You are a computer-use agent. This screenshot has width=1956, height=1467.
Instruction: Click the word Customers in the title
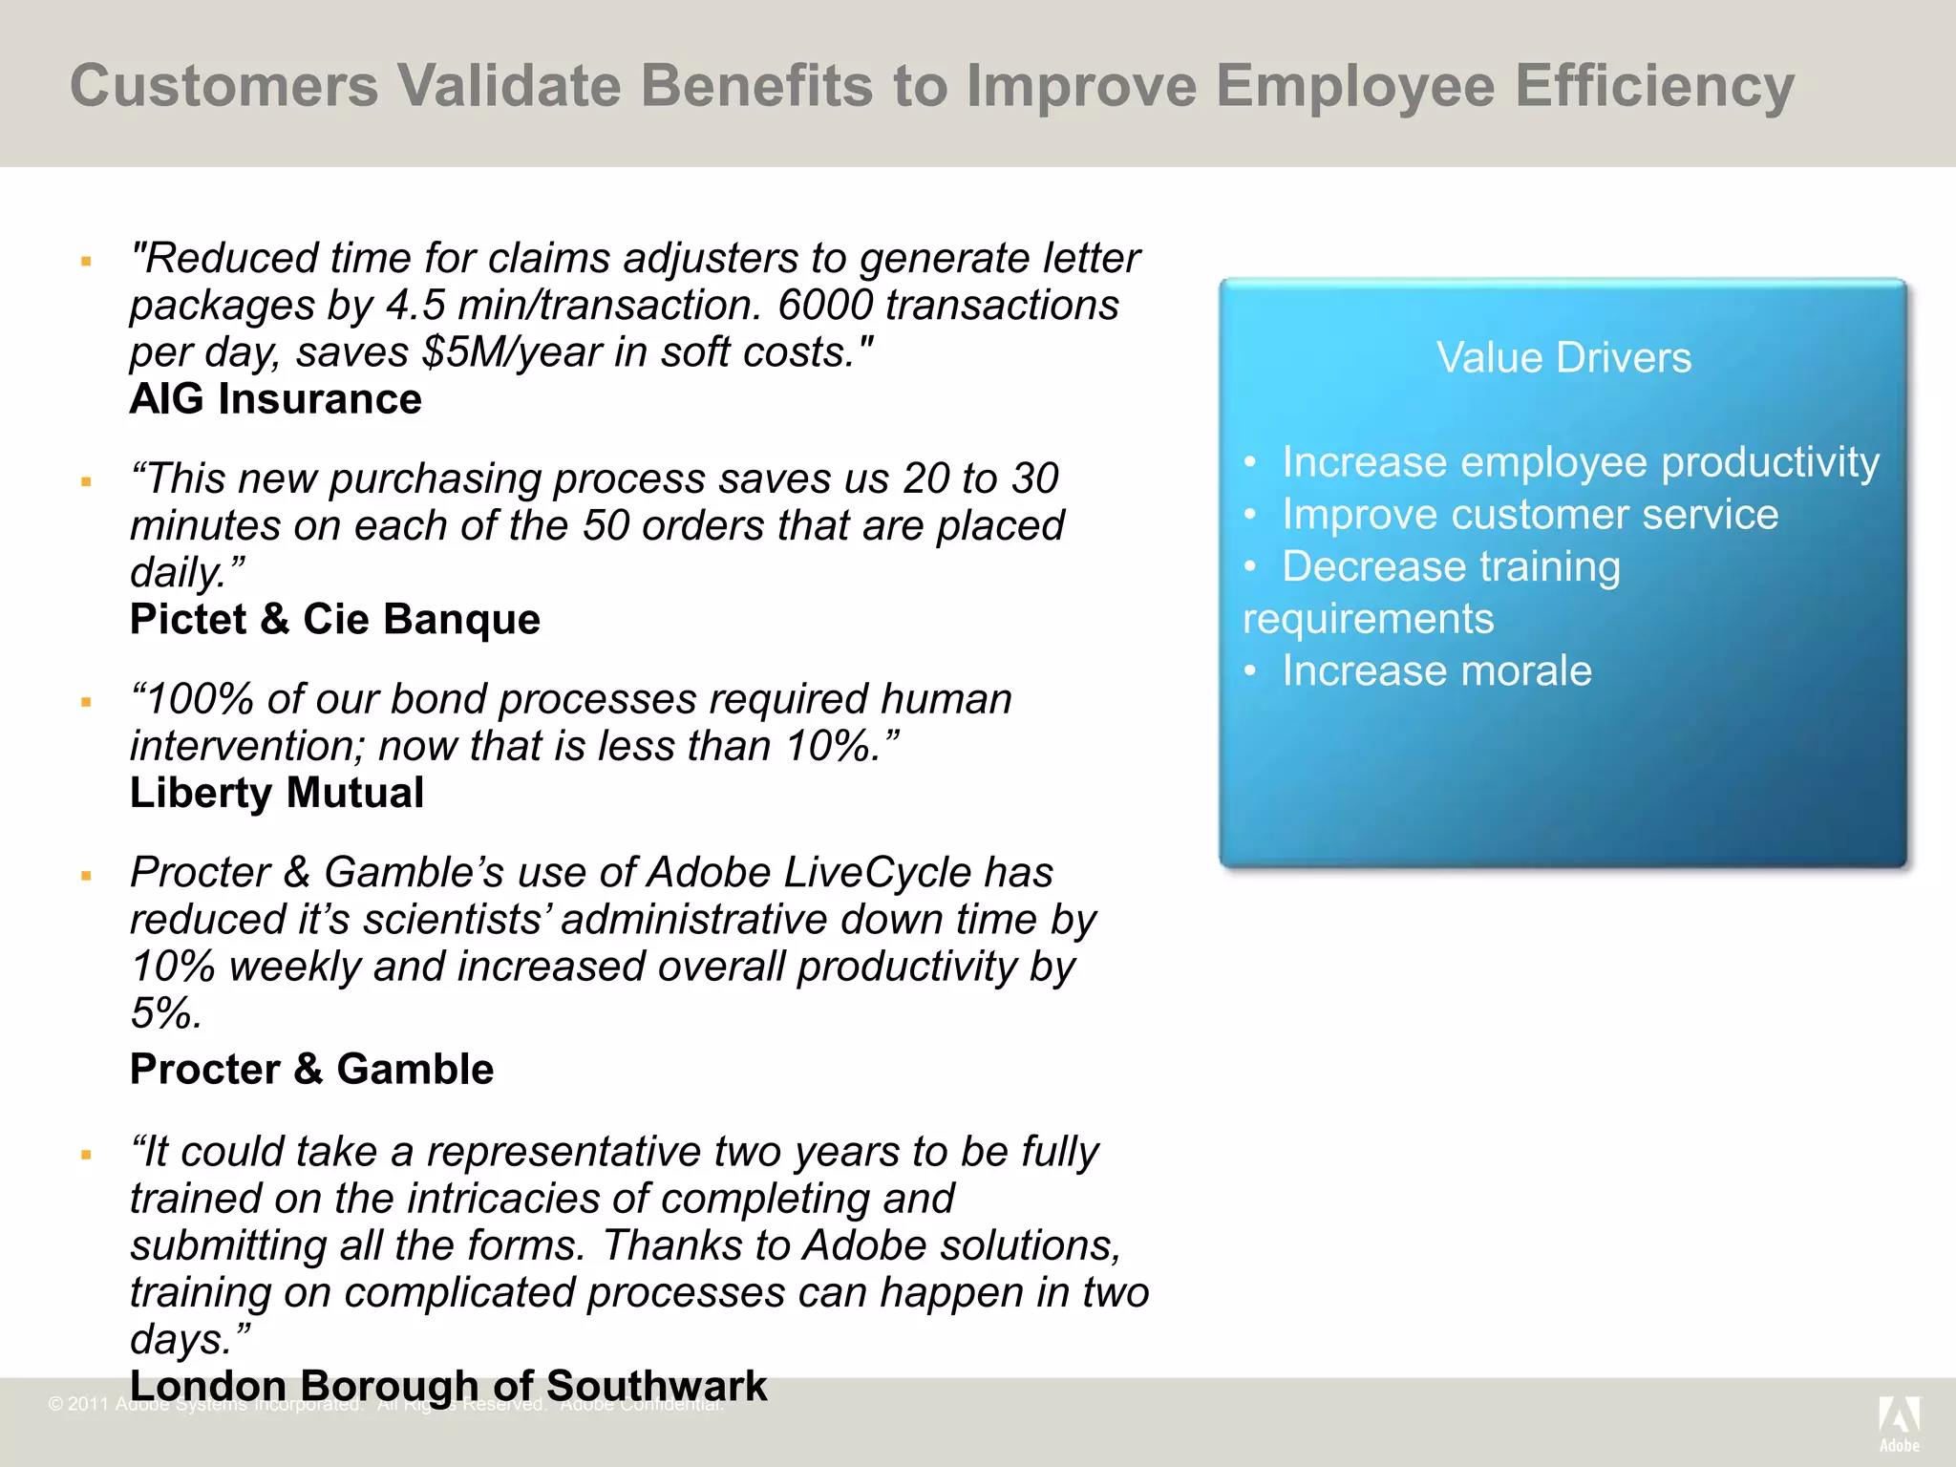click(x=224, y=86)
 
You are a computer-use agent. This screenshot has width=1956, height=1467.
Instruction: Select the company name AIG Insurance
click(x=275, y=399)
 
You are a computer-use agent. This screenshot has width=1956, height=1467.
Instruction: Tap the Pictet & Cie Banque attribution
click(x=334, y=620)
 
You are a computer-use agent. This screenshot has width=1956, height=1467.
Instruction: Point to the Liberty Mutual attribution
click(x=277, y=794)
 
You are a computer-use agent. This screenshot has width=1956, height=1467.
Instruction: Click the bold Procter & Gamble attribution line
click(x=311, y=1070)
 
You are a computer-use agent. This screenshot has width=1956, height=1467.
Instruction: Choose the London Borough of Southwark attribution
click(x=448, y=1386)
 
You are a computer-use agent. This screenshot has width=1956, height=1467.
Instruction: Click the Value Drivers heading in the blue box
click(x=1563, y=358)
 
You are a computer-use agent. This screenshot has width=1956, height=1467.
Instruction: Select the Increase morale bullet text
click(x=1436, y=670)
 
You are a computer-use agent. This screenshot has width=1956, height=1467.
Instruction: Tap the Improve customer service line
click(x=1530, y=515)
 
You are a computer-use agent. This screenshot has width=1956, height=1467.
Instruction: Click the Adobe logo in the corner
click(x=1899, y=1422)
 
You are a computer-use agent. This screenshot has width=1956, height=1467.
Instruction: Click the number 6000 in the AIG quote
click(x=824, y=306)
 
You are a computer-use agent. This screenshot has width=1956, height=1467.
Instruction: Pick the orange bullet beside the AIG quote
click(x=86, y=261)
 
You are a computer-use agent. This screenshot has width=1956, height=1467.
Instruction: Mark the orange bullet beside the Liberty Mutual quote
click(x=86, y=702)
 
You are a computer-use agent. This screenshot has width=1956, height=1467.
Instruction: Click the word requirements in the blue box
click(x=1368, y=619)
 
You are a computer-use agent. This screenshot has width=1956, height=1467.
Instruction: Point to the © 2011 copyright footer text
click(x=78, y=1404)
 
